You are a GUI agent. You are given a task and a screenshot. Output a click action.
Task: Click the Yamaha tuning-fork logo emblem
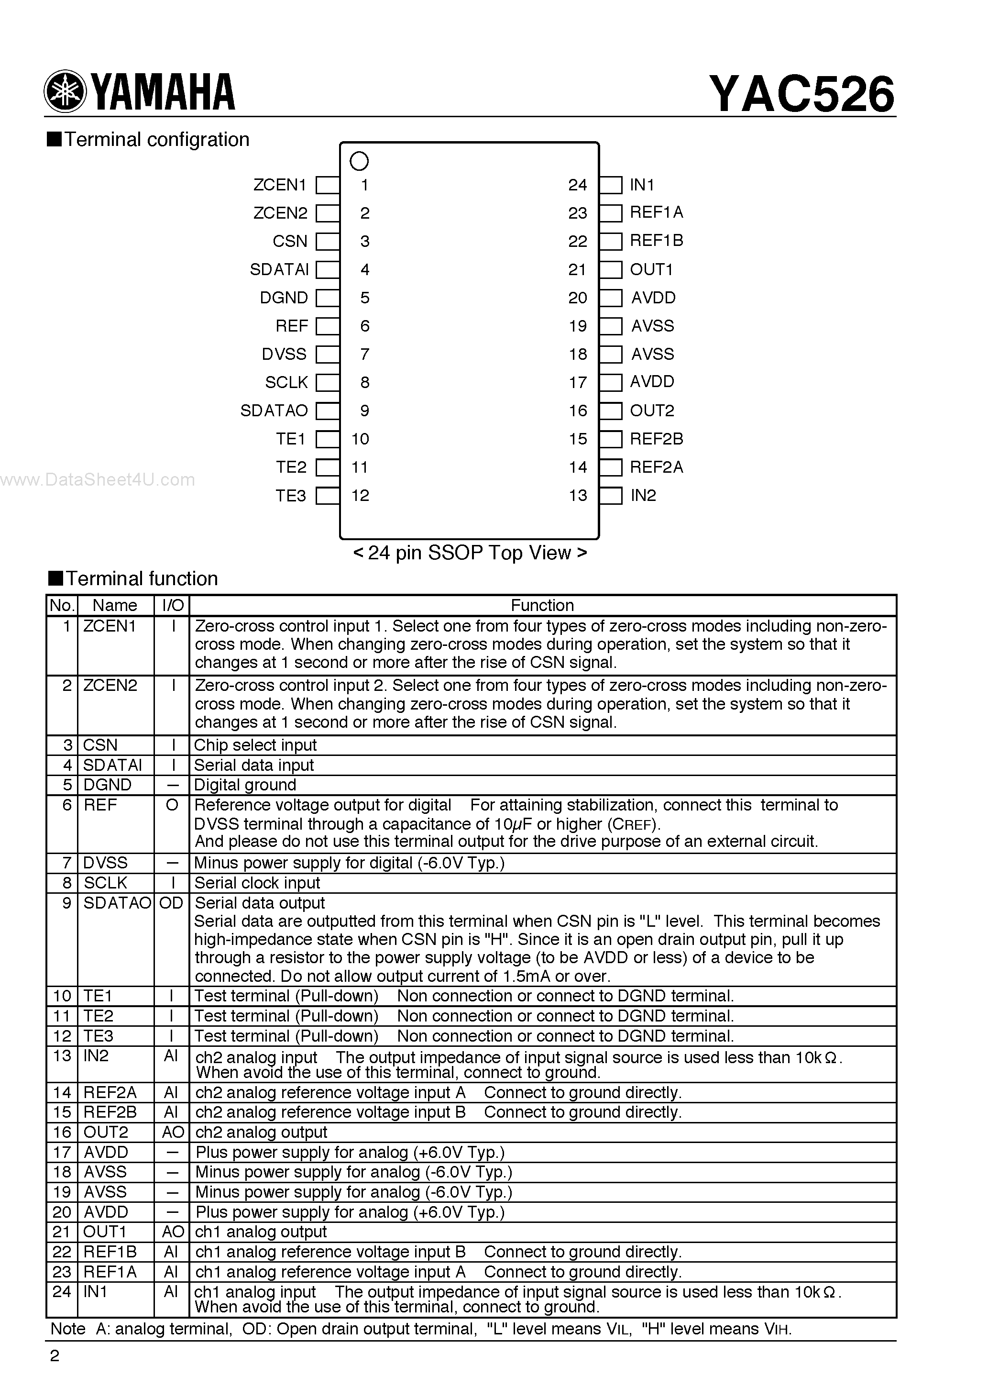coord(65,92)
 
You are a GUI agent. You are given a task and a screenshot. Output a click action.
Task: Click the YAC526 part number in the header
coord(801,94)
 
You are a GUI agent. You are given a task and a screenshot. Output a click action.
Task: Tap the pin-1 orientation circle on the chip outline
coord(360,161)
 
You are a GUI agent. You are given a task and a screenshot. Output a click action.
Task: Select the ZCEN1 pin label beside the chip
coord(280,185)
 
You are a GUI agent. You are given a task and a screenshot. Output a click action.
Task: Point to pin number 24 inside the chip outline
coord(577,185)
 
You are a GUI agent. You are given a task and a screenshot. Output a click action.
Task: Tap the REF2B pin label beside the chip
coord(656,439)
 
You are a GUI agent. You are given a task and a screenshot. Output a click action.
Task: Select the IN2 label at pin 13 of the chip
coord(643,495)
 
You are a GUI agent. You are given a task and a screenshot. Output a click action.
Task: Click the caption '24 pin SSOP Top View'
coord(470,553)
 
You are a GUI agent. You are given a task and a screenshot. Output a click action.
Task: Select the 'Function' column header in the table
coord(542,605)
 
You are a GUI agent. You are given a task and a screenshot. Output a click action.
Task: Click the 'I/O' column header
coord(172,605)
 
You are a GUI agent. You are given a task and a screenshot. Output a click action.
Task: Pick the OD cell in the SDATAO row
coord(171,903)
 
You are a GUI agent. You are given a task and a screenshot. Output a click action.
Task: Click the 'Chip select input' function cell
coord(255,745)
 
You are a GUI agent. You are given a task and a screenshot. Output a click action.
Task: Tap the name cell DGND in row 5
coord(107,785)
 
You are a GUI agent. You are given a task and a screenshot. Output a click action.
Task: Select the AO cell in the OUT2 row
coord(172,1132)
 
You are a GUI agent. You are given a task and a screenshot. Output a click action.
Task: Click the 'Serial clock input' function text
coord(257,883)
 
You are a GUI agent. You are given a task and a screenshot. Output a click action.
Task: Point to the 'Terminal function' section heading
coord(142,578)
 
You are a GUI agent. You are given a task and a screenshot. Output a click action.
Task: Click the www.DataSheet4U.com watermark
coord(98,480)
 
